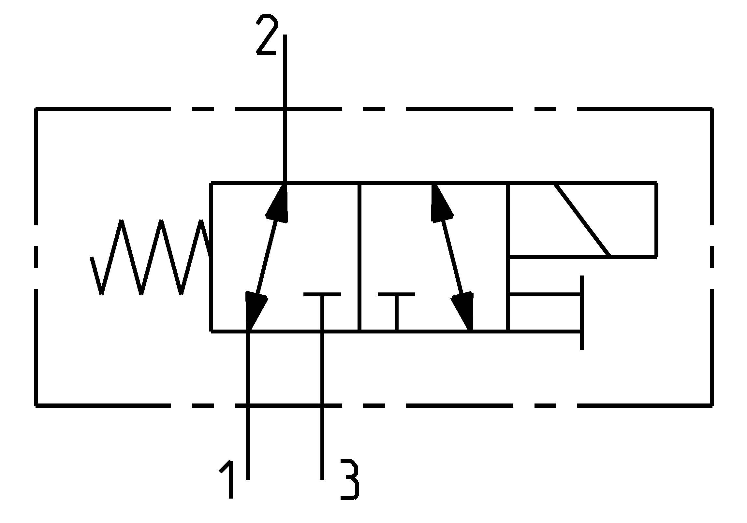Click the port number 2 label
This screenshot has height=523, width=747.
click(x=267, y=34)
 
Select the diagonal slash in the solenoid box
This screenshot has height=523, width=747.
click(x=582, y=220)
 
